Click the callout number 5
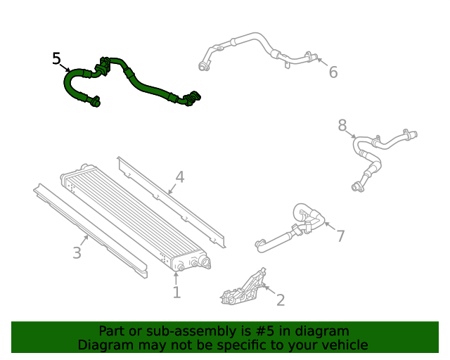pos(57,58)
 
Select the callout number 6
pos(333,72)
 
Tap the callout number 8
pos(342,125)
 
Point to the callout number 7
pos(340,236)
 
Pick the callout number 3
pos(77,253)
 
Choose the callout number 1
pos(176,292)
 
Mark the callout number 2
pos(281,301)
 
